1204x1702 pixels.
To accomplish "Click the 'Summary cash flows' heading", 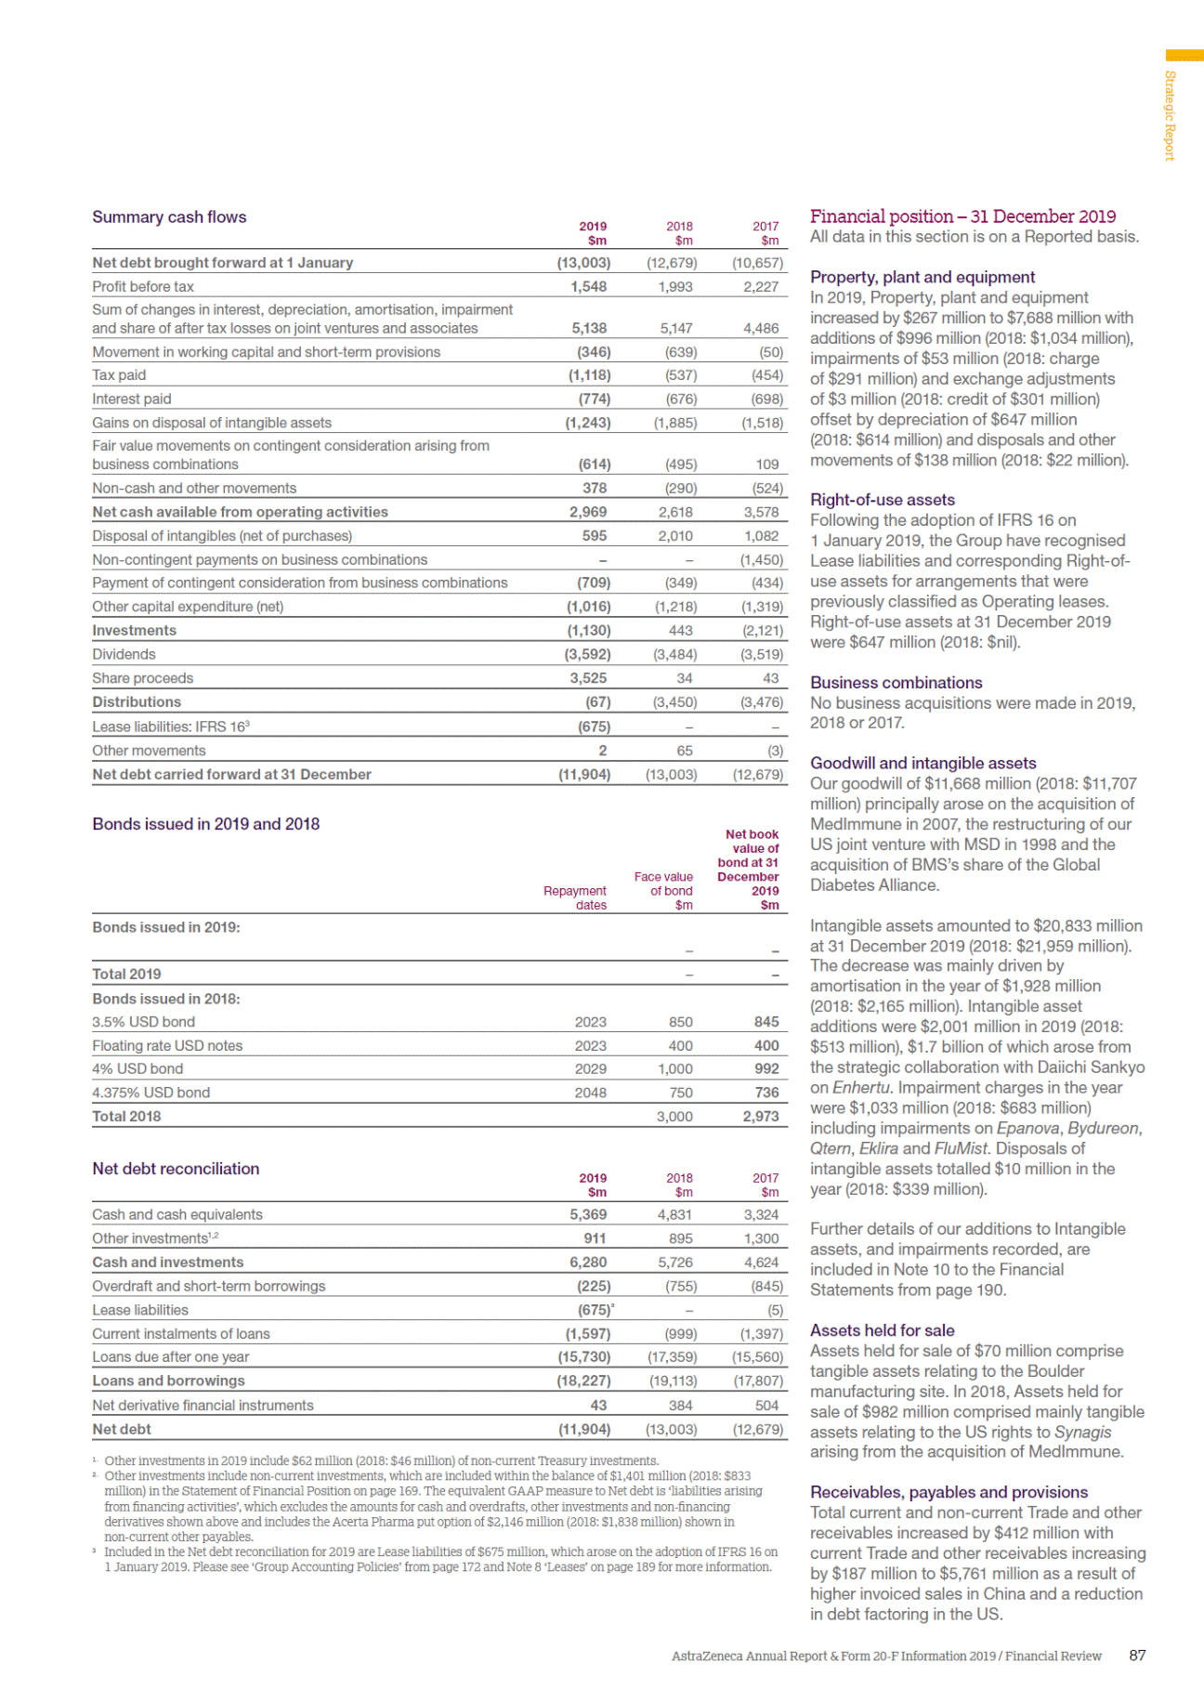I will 169,217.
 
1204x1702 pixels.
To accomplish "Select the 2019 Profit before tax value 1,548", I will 588,287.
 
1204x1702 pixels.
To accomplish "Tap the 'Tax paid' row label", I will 119,375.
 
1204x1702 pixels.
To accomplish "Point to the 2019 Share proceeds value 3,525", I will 588,678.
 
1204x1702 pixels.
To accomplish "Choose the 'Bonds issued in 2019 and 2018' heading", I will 205,824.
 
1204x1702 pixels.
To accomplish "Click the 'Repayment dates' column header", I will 576,897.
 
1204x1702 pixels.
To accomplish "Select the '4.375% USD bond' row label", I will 150,1093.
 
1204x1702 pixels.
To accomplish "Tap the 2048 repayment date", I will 590,1093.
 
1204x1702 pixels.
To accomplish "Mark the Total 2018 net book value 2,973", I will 761,1117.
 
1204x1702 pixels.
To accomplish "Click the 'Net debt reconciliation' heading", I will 176,1169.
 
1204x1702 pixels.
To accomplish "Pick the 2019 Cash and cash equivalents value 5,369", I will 588,1215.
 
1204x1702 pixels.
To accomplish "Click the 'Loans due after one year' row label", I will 170,1357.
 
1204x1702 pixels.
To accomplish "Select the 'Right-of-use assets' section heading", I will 882,500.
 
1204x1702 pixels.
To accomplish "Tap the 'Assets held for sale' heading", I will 882,1330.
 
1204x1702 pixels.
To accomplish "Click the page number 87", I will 1137,1656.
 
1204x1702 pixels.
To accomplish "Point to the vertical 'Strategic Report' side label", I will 1170,115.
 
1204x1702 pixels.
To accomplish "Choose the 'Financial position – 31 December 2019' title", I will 962,216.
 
